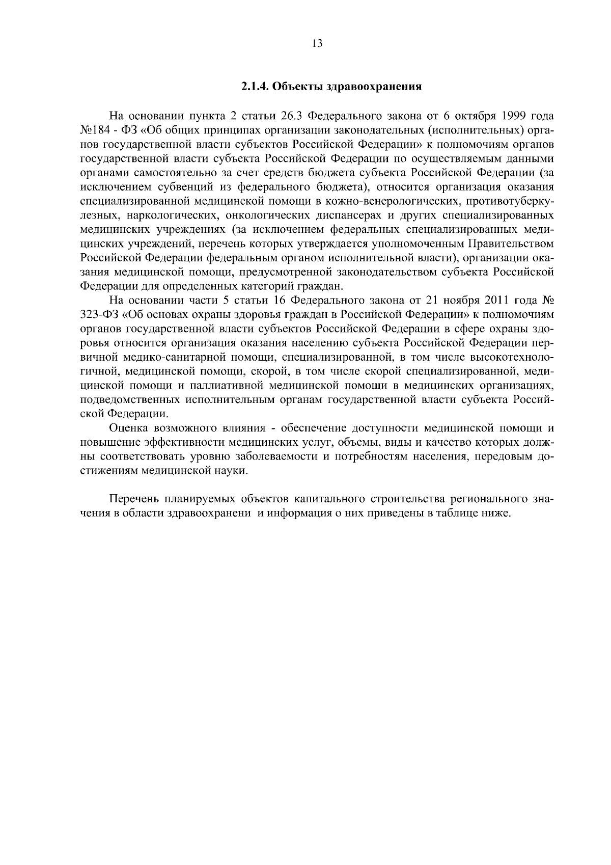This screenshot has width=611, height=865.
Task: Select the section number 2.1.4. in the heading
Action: [255, 86]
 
